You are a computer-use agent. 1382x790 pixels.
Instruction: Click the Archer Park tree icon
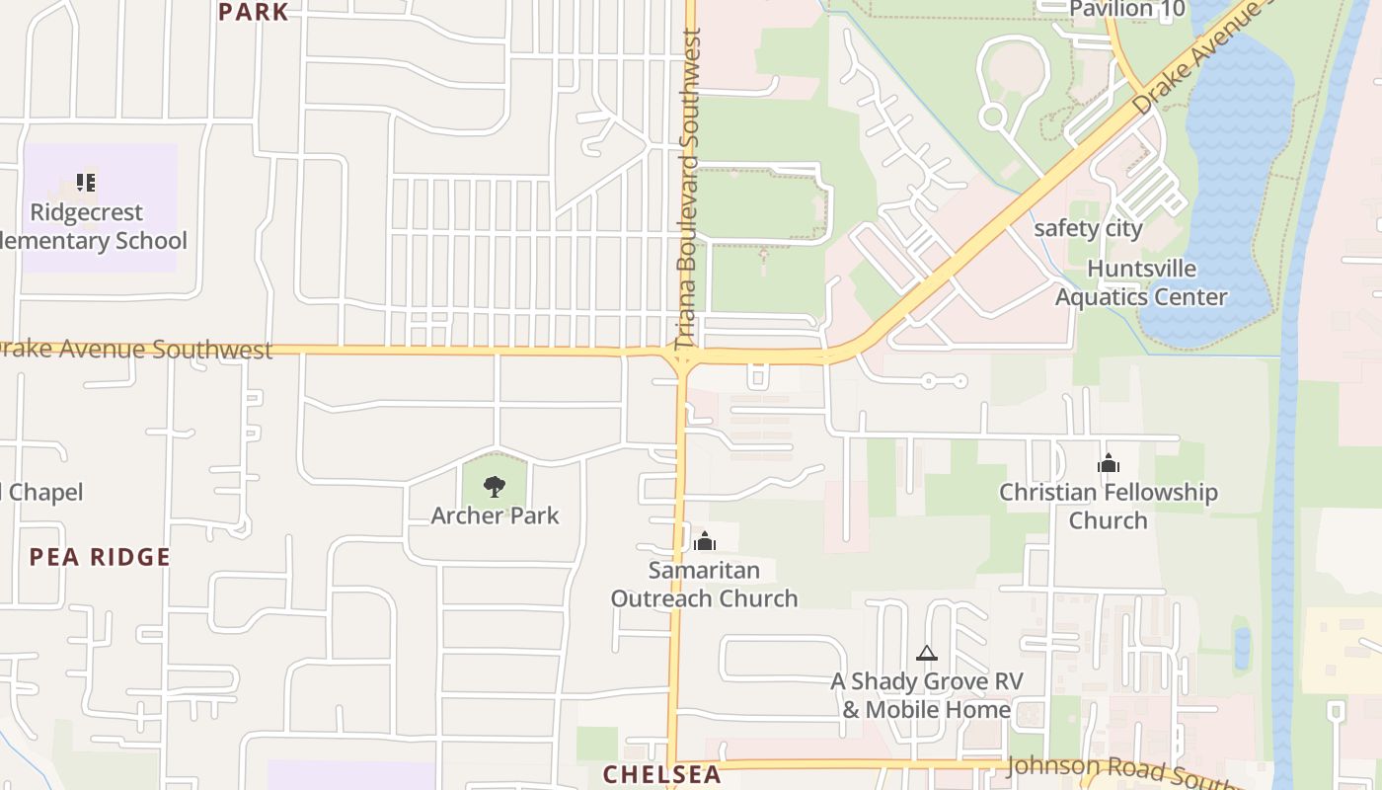[x=495, y=486]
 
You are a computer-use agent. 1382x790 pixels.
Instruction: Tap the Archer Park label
[x=495, y=515]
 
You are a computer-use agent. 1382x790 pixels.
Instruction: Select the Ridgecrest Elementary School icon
[x=86, y=183]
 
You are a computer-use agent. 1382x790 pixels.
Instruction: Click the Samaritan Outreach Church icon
[x=705, y=541]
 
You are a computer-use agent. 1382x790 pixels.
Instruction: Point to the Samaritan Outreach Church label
[x=704, y=584]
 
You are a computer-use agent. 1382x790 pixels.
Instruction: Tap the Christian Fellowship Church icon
[x=1109, y=462]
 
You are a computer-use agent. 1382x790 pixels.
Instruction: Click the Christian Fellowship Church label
[x=1108, y=506]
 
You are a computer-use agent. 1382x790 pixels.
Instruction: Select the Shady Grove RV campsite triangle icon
[x=926, y=653]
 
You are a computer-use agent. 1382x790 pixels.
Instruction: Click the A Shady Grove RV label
[x=926, y=695]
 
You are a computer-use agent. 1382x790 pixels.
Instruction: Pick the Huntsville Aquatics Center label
[x=1141, y=282]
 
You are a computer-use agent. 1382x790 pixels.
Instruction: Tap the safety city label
[x=1088, y=229]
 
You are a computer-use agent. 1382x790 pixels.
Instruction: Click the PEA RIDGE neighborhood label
[x=100, y=557]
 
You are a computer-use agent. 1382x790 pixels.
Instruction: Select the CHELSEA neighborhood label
[x=662, y=774]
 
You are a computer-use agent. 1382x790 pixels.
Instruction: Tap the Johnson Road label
[x=1115, y=769]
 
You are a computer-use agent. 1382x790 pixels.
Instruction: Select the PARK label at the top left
[x=254, y=12]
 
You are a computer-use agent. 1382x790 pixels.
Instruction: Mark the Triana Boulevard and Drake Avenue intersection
[x=683, y=354]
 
